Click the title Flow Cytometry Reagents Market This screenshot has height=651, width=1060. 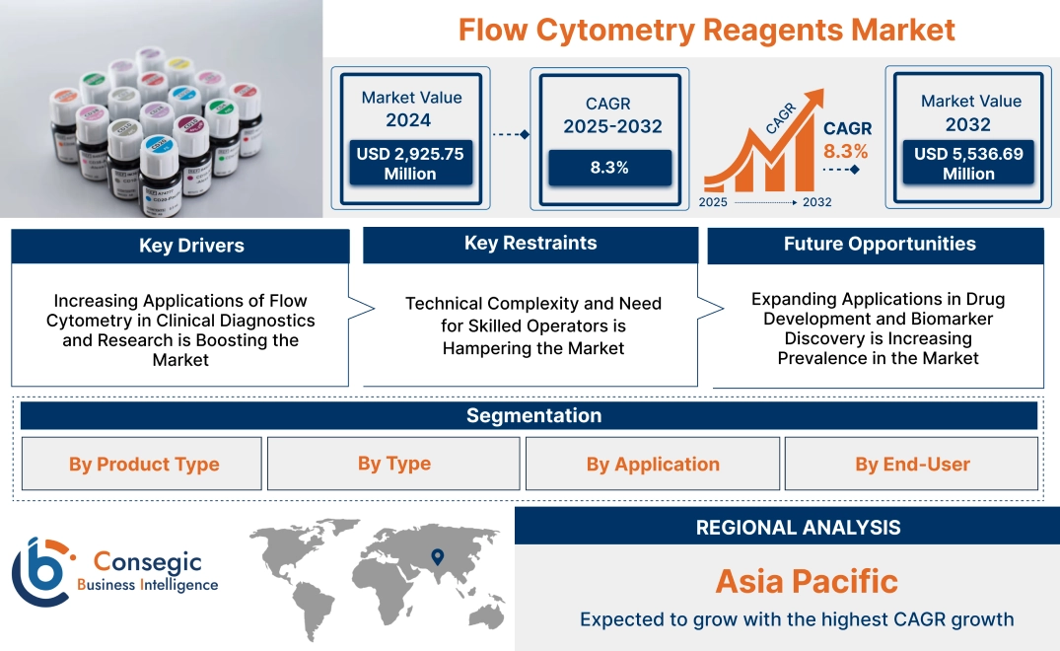[706, 30]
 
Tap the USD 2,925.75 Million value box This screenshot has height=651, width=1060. [409, 164]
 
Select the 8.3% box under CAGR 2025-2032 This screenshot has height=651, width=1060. [609, 168]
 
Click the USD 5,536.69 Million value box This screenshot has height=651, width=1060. [968, 164]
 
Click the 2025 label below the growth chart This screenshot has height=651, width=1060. [714, 202]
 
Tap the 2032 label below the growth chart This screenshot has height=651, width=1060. [816, 202]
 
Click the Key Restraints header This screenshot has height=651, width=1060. [530, 244]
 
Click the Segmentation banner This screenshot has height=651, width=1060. [533, 415]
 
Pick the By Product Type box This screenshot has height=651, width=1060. [144, 465]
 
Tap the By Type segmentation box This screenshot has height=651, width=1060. [393, 464]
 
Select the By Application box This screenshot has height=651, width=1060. [653, 465]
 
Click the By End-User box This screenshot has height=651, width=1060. [912, 465]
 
